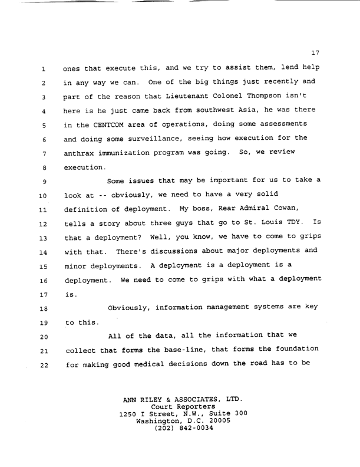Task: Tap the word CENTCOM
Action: click(113, 125)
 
